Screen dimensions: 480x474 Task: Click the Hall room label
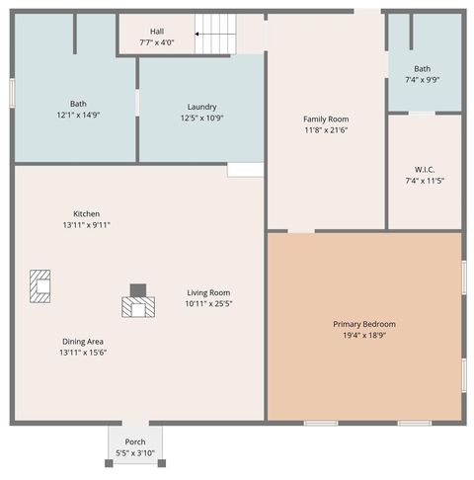[x=157, y=31]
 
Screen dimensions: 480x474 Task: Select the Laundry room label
[x=201, y=107]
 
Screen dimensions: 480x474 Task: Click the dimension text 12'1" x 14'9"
[x=78, y=115]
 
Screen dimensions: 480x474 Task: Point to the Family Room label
[x=326, y=119]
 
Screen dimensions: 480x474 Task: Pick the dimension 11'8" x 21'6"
[x=326, y=129]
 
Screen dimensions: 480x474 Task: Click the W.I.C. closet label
[x=425, y=169]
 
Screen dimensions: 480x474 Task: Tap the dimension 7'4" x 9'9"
[x=425, y=79]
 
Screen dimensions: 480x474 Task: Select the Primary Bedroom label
[x=364, y=324]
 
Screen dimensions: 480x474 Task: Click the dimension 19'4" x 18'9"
[x=364, y=335]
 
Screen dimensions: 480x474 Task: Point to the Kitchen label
[x=86, y=213]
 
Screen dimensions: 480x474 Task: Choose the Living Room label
[x=208, y=292]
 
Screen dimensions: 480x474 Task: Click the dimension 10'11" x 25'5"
[x=208, y=303]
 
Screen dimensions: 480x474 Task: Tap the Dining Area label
[x=82, y=341]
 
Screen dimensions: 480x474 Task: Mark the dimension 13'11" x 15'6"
[x=82, y=353]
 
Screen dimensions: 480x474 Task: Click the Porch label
[x=135, y=441]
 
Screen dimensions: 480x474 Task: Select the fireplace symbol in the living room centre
[x=138, y=302]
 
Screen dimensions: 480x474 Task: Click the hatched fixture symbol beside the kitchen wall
[x=40, y=284]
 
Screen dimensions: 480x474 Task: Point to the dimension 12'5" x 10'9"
[x=201, y=119]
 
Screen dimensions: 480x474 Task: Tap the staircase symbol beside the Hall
[x=216, y=35]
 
